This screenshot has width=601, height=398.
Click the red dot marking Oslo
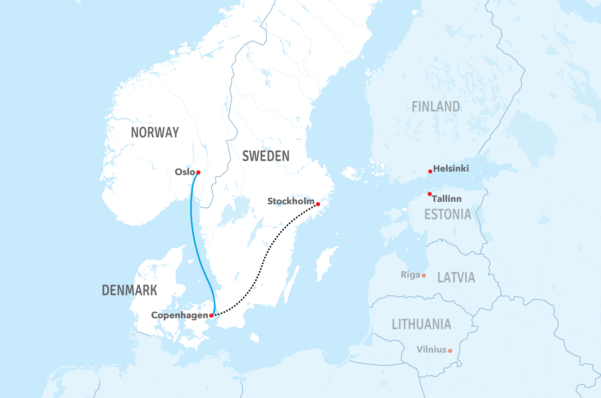tap(198, 173)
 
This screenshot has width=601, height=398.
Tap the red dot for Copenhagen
tap(211, 315)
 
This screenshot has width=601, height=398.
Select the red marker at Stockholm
tap(318, 204)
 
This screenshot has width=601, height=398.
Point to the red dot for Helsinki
tap(430, 172)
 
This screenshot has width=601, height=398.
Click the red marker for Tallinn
tap(430, 194)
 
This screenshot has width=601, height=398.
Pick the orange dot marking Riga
tap(424, 275)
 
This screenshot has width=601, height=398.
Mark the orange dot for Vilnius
tap(450, 351)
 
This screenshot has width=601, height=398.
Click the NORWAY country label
tap(155, 132)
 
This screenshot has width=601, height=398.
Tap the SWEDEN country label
tap(266, 156)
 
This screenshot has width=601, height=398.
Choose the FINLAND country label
tap(436, 107)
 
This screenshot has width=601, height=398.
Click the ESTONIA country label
tap(448, 214)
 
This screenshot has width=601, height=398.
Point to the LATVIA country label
tap(456, 277)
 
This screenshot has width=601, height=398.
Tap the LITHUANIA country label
tap(422, 324)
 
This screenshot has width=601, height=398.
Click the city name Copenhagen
tap(179, 315)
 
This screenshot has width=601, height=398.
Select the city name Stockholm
tap(291, 201)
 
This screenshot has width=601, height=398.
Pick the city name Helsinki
tap(451, 168)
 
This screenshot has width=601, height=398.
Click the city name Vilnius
tap(431, 350)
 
